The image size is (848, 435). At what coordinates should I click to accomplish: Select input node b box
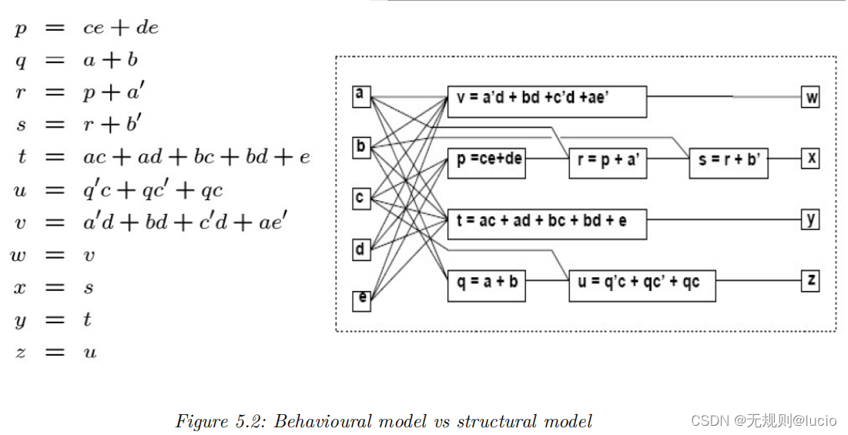click(360, 146)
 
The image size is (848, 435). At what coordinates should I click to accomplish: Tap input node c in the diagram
click(360, 198)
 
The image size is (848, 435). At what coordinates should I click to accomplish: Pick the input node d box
click(360, 249)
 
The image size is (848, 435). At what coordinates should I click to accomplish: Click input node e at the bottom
click(360, 299)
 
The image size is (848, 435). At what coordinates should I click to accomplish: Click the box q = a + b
click(486, 283)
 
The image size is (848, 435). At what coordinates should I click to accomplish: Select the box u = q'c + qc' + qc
click(642, 283)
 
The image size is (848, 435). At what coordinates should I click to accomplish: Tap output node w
click(810, 98)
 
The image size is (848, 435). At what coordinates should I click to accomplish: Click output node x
click(810, 159)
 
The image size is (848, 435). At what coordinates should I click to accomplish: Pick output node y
click(810, 219)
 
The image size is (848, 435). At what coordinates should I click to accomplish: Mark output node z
click(810, 280)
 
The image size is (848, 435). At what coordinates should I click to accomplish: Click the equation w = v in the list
click(52, 255)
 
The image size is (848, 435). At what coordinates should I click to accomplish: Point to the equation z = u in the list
click(52, 353)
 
